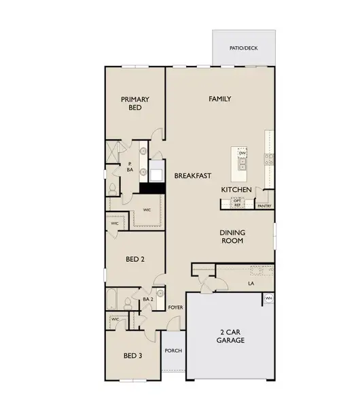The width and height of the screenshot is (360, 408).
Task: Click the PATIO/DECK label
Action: (x=244, y=48)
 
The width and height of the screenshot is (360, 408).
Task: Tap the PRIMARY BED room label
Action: (x=135, y=103)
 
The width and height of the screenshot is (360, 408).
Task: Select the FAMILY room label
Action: (x=220, y=99)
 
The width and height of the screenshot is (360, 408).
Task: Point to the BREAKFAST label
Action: (x=193, y=175)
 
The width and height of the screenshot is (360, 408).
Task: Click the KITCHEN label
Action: (x=236, y=190)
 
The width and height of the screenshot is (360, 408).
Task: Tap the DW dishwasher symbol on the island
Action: (x=242, y=153)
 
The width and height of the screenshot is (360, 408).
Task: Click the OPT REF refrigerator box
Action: (x=237, y=203)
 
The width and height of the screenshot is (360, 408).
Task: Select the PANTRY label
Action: (x=264, y=206)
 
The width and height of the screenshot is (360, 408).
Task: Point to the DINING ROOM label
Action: (x=232, y=237)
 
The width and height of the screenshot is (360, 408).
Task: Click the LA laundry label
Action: (x=251, y=284)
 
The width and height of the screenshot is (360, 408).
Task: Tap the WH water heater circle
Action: (x=269, y=299)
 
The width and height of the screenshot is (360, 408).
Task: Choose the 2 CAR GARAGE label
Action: (x=230, y=336)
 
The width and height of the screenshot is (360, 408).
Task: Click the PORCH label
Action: (x=173, y=351)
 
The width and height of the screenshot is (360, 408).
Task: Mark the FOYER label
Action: (x=175, y=307)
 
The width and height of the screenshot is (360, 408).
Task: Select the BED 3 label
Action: (x=133, y=356)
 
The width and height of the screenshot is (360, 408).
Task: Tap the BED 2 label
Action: (x=135, y=259)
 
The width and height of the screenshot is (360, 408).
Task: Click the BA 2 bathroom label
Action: (x=148, y=299)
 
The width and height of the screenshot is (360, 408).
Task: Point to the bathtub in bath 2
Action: (x=112, y=299)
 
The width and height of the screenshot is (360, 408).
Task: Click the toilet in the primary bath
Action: (x=113, y=189)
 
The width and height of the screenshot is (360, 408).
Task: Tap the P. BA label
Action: (x=130, y=167)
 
